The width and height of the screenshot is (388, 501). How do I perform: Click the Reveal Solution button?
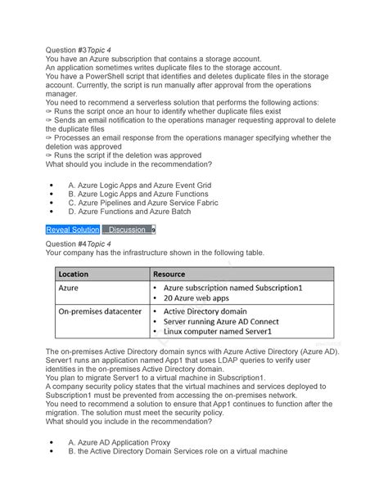tap(72, 230)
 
